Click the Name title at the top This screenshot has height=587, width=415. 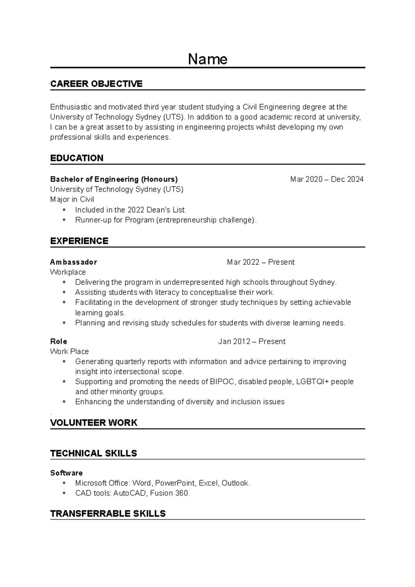(207, 59)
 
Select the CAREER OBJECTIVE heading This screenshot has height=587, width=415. (96, 84)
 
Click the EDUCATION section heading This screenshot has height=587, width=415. (77, 158)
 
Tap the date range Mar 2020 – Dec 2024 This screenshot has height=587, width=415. (326, 179)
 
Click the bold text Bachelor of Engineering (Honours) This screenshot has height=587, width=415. (114, 179)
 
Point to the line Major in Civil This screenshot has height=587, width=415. (72, 199)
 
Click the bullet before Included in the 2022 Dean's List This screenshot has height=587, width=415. (64, 209)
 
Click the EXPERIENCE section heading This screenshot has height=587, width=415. (79, 241)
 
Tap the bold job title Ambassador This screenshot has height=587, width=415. (73, 262)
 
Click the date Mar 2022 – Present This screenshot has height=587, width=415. (260, 262)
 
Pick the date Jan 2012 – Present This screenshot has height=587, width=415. (251, 342)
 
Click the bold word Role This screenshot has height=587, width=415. (58, 342)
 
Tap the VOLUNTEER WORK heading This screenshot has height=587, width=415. (94, 422)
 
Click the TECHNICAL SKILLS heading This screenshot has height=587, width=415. (93, 453)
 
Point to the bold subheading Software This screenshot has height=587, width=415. (66, 473)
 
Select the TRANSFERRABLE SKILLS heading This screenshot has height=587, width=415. (108, 513)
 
